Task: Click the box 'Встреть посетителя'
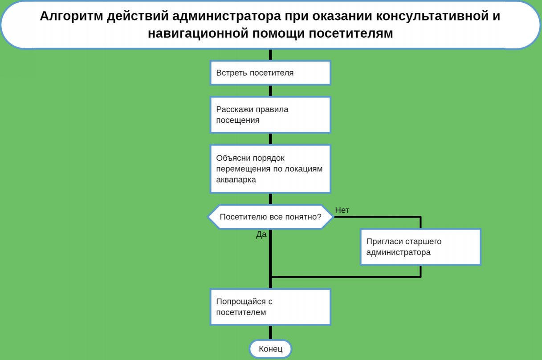(x=270, y=73)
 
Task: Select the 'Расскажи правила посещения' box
(x=270, y=114)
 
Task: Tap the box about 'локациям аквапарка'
(x=270, y=169)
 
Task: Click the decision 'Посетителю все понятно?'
(x=270, y=217)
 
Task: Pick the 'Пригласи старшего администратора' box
(x=420, y=247)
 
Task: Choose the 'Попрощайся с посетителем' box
(x=270, y=307)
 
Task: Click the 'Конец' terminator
(x=270, y=349)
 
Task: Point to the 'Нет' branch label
(x=342, y=210)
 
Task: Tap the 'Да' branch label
(x=261, y=235)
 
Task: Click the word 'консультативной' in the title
(x=428, y=16)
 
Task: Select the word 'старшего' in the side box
(x=423, y=242)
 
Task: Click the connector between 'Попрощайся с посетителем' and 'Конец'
(x=270, y=332)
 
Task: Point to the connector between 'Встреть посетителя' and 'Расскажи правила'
(x=270, y=91)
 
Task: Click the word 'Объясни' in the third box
(x=232, y=158)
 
